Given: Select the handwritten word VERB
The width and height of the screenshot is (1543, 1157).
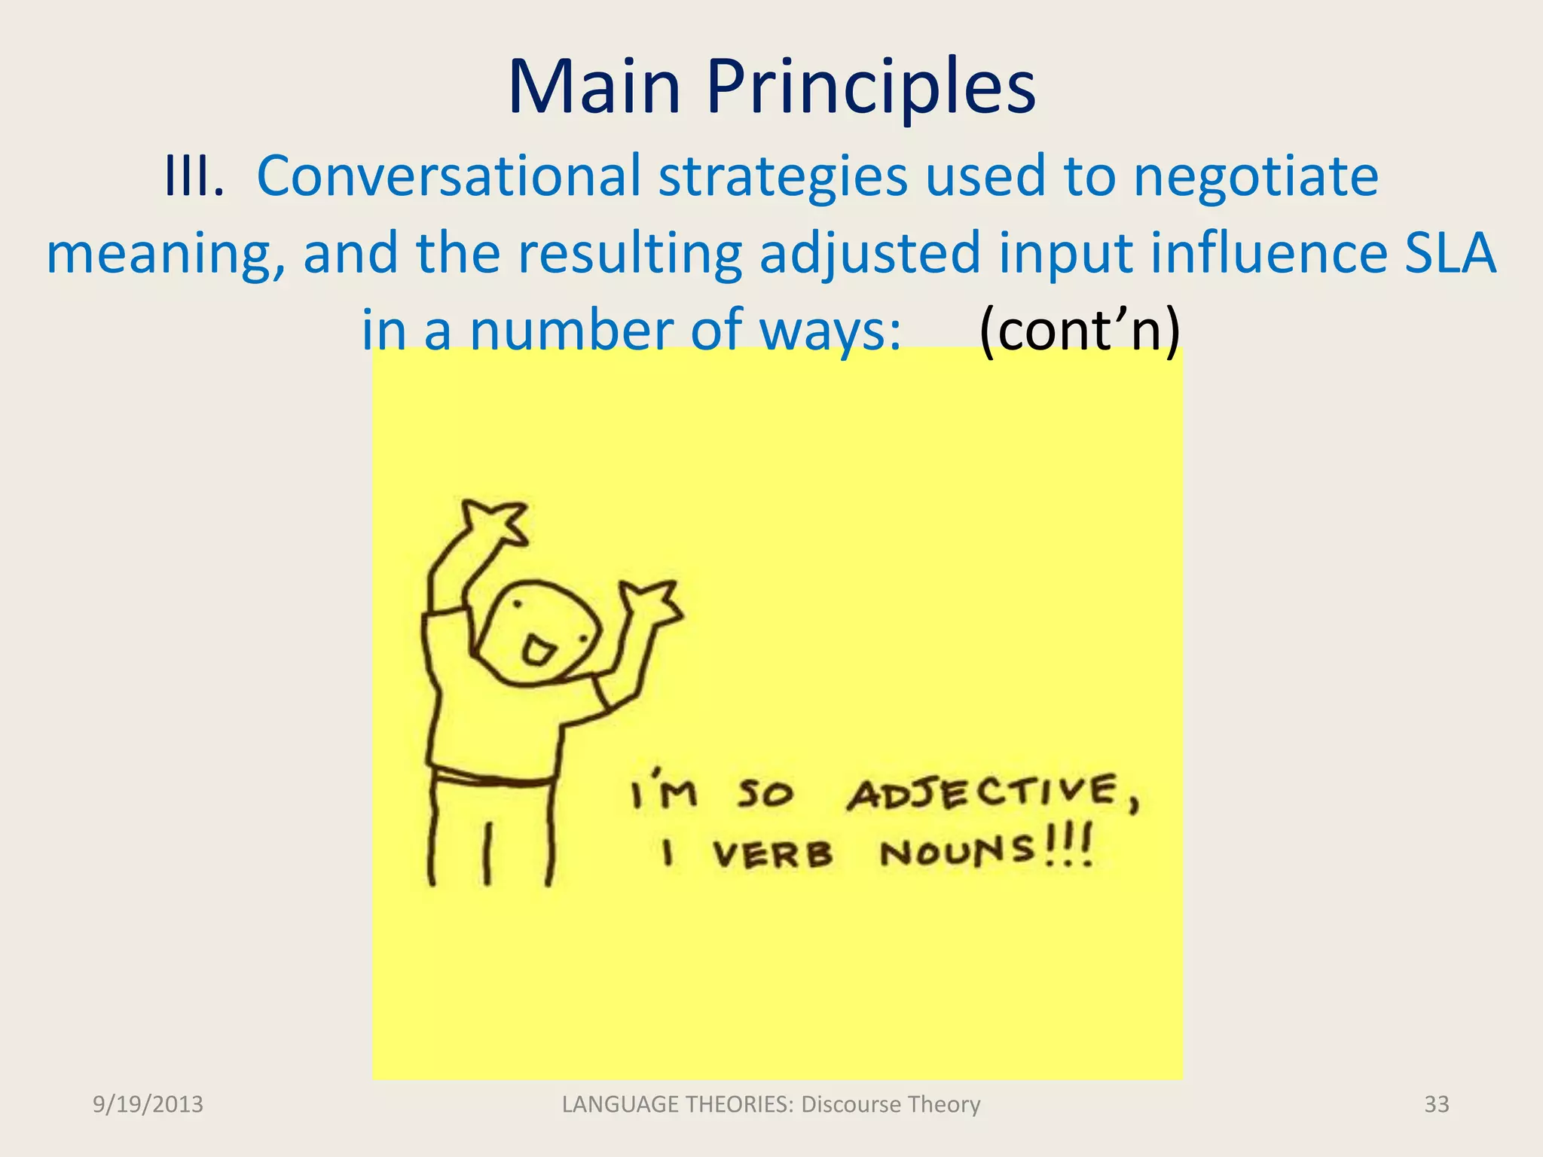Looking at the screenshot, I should pyautogui.click(x=772, y=855).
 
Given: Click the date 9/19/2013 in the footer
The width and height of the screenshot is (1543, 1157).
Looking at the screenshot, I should pyautogui.click(x=148, y=1104).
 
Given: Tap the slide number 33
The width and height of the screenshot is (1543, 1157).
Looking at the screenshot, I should pyautogui.click(x=1436, y=1104).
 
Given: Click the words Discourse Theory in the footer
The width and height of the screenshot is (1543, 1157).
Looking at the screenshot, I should pyautogui.click(x=891, y=1104).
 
